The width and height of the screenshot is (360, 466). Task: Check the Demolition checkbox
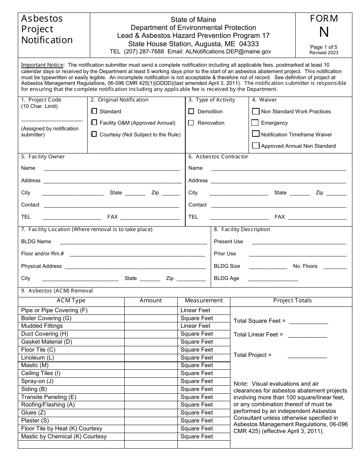[191, 111]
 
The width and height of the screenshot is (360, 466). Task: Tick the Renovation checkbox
[191, 123]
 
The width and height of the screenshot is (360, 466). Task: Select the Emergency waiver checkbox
[255, 123]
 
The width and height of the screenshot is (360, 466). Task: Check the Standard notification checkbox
[94, 111]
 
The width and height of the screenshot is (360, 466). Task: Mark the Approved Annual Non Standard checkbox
[255, 145]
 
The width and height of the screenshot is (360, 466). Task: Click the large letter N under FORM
[324, 33]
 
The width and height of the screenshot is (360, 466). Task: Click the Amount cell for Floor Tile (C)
[151, 350]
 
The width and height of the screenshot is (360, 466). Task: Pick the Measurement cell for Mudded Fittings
[204, 326]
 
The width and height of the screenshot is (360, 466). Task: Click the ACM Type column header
[71, 300]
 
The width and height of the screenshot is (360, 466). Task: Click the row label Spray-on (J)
[37, 381]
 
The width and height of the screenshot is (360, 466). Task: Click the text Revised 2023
[324, 53]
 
